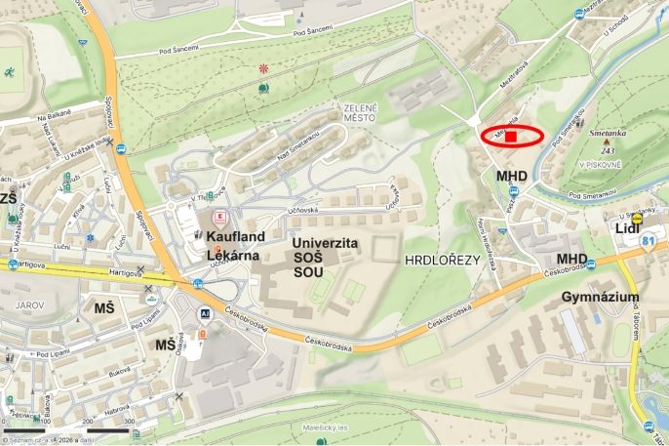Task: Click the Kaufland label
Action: pos(237,236)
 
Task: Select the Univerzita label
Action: pos(325,241)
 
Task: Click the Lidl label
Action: pos(626,228)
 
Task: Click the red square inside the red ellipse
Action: pos(511,137)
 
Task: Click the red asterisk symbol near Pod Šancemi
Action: pos(263,68)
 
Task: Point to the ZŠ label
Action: pos(9,199)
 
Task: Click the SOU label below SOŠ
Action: pos(308,271)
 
